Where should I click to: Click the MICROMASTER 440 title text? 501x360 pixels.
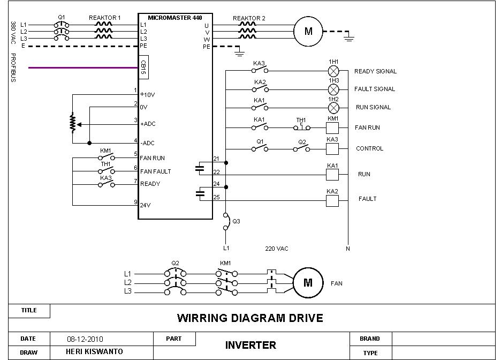click(x=175, y=17)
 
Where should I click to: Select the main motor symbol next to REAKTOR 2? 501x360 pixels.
click(x=308, y=31)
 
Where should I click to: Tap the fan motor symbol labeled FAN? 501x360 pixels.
click(x=308, y=282)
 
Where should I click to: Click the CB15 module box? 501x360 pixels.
click(x=143, y=67)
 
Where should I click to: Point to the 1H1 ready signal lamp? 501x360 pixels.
click(x=333, y=71)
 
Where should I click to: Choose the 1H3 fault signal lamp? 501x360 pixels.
click(x=333, y=89)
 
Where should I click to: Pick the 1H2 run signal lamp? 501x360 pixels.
click(x=333, y=107)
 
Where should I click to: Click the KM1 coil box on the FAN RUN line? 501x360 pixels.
click(x=333, y=127)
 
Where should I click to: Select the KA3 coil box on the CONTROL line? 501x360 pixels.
click(x=333, y=148)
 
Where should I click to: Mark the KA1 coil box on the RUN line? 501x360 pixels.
click(x=333, y=175)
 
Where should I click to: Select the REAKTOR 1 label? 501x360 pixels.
click(x=105, y=18)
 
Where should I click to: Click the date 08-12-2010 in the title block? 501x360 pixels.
click(x=85, y=339)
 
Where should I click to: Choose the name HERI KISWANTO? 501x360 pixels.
click(x=94, y=352)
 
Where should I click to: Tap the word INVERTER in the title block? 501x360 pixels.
click(x=250, y=346)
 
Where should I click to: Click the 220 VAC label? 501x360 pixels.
click(x=277, y=249)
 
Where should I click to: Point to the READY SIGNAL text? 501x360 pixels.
click(x=375, y=71)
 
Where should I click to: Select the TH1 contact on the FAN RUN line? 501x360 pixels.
click(x=301, y=127)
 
